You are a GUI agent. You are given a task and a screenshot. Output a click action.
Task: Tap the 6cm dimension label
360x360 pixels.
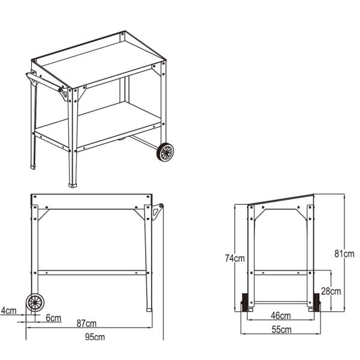54,318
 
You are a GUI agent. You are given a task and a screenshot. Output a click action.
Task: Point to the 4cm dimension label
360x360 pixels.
8,311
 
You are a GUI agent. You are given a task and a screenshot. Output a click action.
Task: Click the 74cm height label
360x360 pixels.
235,259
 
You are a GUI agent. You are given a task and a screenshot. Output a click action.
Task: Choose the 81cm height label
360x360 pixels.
344,254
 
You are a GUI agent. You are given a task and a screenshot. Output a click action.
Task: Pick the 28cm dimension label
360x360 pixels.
332,292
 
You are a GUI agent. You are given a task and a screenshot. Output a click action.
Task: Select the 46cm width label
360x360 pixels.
281,316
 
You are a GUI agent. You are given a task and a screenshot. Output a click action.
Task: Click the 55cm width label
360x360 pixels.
281,329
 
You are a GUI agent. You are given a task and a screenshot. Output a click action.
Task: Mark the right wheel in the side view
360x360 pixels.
316,302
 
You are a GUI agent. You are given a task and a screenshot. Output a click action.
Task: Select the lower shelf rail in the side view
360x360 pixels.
281,273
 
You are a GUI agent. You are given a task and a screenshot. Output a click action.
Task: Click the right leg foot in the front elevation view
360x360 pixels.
148,310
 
